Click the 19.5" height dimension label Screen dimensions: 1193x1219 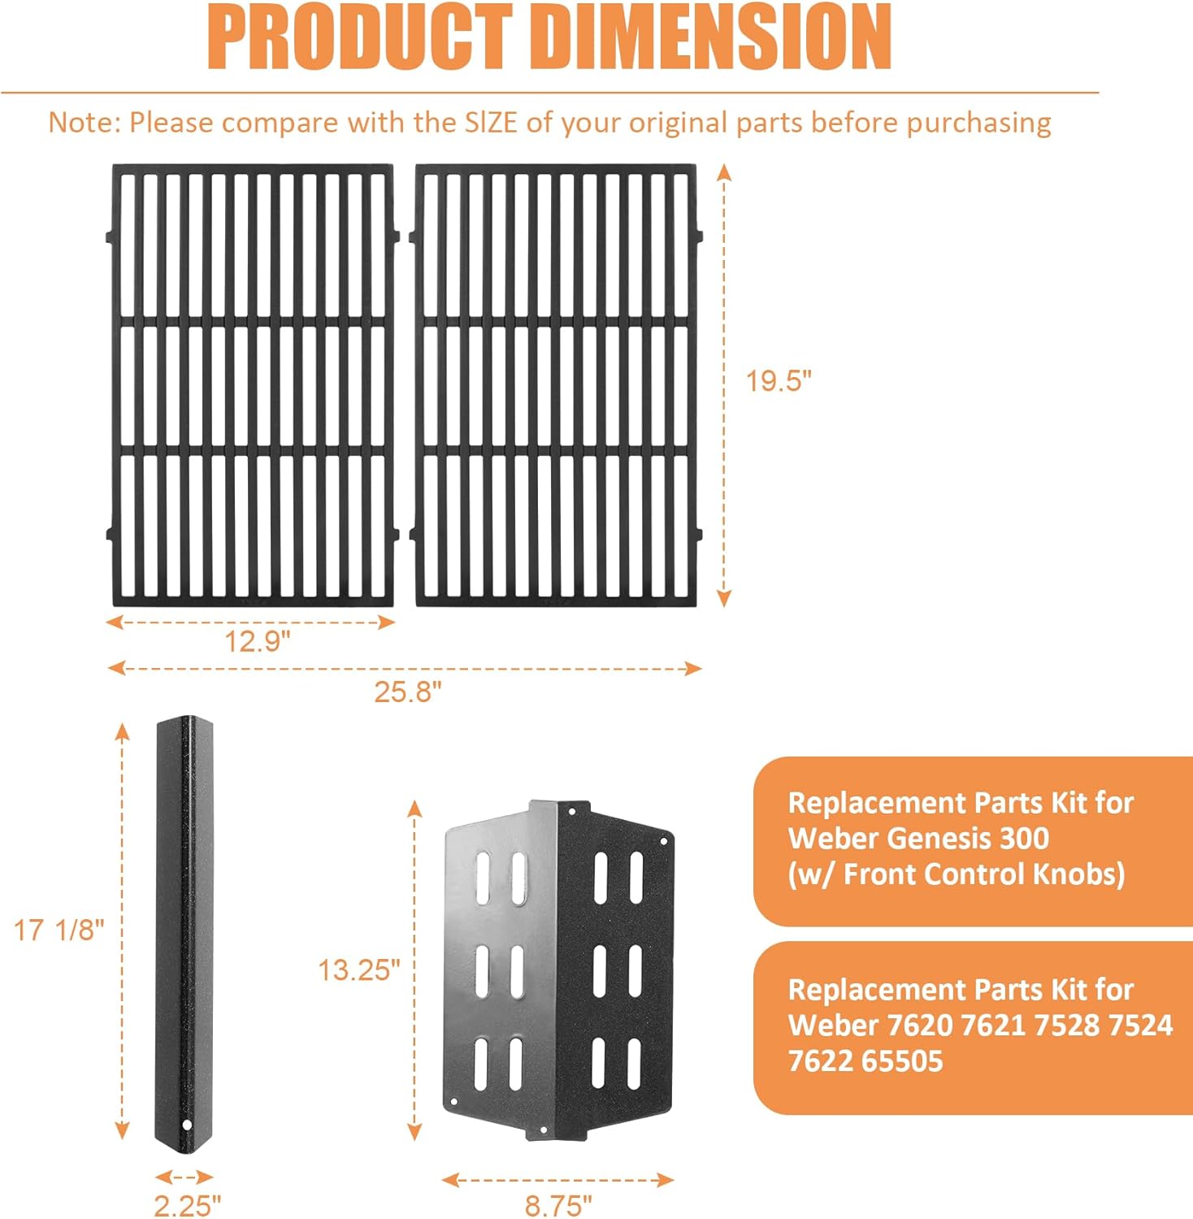pyautogui.click(x=779, y=380)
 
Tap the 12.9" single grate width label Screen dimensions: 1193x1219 pyautogui.click(x=257, y=642)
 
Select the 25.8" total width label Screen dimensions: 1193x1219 pyautogui.click(x=407, y=692)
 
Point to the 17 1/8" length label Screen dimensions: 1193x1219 pyautogui.click(x=59, y=930)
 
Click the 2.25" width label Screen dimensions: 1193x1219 pyautogui.click(x=187, y=1205)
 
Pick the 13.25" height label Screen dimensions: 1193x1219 pyautogui.click(x=358, y=970)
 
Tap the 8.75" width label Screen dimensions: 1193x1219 pyautogui.click(x=558, y=1205)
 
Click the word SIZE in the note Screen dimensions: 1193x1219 pyautogui.click(x=491, y=123)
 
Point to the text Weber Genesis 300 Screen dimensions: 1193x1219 pyautogui.click(x=918, y=838)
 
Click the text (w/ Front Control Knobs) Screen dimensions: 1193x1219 pyautogui.click(x=956, y=874)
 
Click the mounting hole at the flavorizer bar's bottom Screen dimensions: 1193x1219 pyautogui.click(x=186, y=1126)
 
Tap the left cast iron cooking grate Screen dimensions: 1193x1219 pyautogui.click(x=252, y=385)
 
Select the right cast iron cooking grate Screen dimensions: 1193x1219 pyautogui.click(x=556, y=385)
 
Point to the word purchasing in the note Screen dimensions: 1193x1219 pyautogui.click(x=978, y=123)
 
